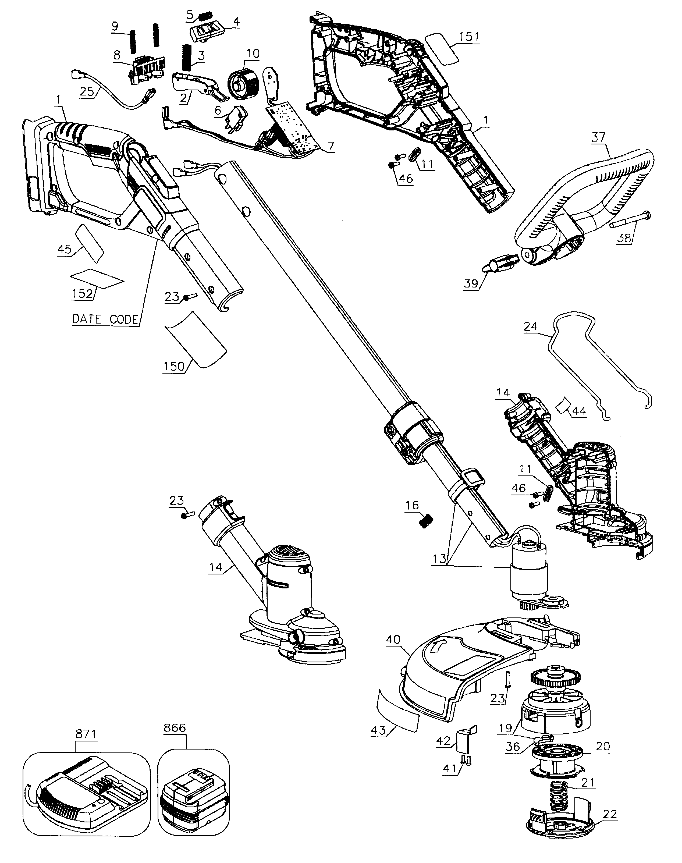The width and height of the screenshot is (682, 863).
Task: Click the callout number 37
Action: click(x=598, y=138)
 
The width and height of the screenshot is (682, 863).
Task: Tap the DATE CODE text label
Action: click(x=105, y=319)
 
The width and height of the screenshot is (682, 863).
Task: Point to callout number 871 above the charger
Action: click(x=86, y=734)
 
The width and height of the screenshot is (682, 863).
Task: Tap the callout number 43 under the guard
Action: click(x=378, y=730)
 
